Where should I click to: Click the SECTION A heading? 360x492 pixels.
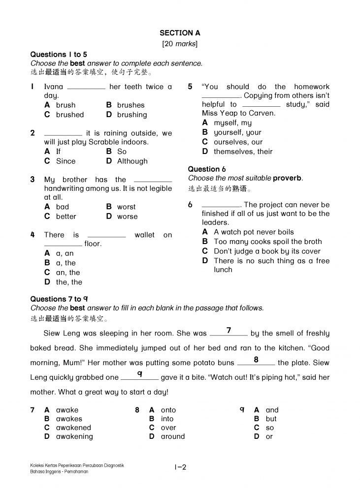click(180, 33)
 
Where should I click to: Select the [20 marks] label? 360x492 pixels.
click(180, 44)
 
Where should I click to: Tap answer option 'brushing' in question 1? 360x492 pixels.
click(131, 115)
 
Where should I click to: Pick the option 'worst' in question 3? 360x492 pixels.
click(126, 207)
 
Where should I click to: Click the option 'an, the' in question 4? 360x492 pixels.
click(67, 272)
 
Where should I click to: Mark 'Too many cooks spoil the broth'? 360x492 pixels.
click(267, 242)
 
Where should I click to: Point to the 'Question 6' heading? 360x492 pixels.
click(207, 169)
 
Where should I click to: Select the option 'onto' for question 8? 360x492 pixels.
click(168, 410)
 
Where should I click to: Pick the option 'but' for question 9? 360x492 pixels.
click(271, 419)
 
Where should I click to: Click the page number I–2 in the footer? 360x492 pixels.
click(180, 467)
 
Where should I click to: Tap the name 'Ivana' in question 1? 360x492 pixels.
click(54, 87)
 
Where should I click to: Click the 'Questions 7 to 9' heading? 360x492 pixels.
click(59, 299)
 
